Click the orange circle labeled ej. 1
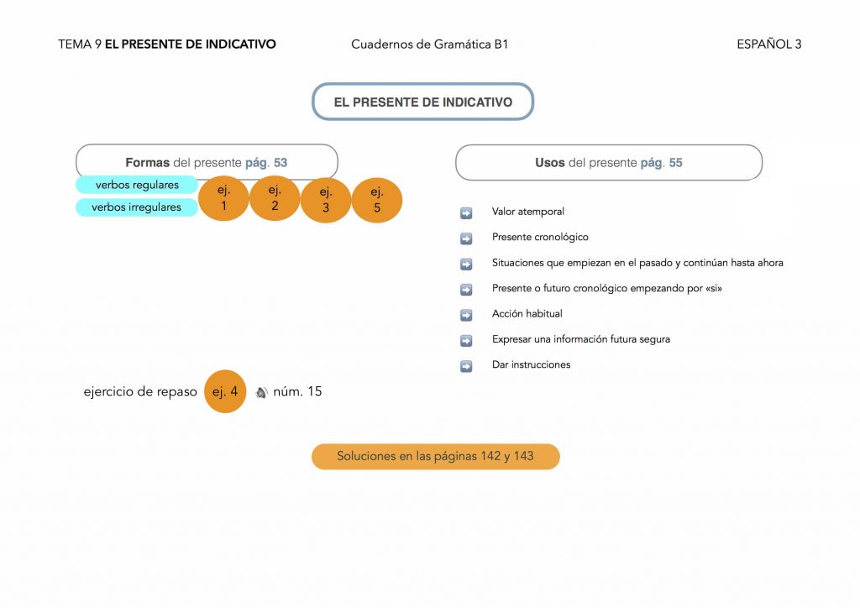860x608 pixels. (223, 198)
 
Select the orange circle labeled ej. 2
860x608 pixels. (275, 198)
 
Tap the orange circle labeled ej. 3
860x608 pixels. (326, 200)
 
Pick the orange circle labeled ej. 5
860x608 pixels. (377, 200)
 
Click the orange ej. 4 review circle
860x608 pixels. (225, 391)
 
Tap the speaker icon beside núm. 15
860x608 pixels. (261, 392)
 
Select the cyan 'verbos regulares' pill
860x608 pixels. (137, 185)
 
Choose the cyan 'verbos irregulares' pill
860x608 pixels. (137, 207)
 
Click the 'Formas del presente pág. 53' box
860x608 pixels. (207, 162)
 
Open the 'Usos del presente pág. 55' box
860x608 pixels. (609, 163)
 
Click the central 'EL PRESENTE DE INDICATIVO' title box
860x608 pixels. (422, 102)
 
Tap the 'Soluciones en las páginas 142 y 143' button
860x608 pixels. (435, 456)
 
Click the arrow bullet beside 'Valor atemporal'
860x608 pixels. (466, 212)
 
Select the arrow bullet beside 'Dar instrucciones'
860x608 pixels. (466, 366)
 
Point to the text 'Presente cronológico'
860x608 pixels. (540, 238)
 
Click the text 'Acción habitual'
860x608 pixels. (527, 314)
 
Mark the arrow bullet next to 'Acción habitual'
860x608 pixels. (466, 315)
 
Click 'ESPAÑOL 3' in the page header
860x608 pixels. (768, 45)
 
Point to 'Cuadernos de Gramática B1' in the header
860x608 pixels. (429, 45)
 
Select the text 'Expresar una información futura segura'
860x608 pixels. (580, 339)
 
